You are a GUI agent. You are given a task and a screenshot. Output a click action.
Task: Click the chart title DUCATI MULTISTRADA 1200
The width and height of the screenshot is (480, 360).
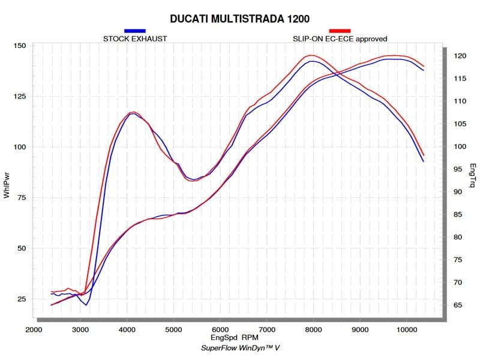240,18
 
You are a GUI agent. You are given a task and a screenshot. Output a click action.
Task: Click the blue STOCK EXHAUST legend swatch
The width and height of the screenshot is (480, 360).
134,31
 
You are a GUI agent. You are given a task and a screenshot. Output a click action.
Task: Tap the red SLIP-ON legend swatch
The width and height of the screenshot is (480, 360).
340,31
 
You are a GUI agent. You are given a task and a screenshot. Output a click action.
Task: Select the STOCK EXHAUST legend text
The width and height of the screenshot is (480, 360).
135,39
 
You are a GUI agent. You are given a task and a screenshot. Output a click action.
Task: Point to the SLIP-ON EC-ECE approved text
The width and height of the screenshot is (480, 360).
340,39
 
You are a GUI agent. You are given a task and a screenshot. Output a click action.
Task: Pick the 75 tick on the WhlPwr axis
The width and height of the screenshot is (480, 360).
20,198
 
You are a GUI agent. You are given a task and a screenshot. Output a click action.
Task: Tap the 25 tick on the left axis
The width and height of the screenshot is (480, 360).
20,299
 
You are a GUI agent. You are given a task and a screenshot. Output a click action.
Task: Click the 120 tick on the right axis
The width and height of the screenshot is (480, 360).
459,56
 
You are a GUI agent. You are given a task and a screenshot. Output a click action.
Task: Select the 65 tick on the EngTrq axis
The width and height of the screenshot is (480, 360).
457,305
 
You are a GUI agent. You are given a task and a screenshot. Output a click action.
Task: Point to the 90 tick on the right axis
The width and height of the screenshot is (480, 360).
457,192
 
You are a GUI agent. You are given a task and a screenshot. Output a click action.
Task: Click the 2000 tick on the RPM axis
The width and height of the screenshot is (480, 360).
34,330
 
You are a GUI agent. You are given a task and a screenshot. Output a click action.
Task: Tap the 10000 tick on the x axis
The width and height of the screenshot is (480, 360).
407,330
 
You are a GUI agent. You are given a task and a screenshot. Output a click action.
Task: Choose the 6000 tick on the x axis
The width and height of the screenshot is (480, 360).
220,330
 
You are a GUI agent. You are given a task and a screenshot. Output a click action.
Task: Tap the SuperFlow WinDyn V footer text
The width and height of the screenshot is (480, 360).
240,349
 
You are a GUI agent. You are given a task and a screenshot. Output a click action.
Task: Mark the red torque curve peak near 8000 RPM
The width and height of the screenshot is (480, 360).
312,55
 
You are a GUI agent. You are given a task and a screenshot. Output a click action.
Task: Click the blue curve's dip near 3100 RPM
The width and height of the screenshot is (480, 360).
86,305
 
